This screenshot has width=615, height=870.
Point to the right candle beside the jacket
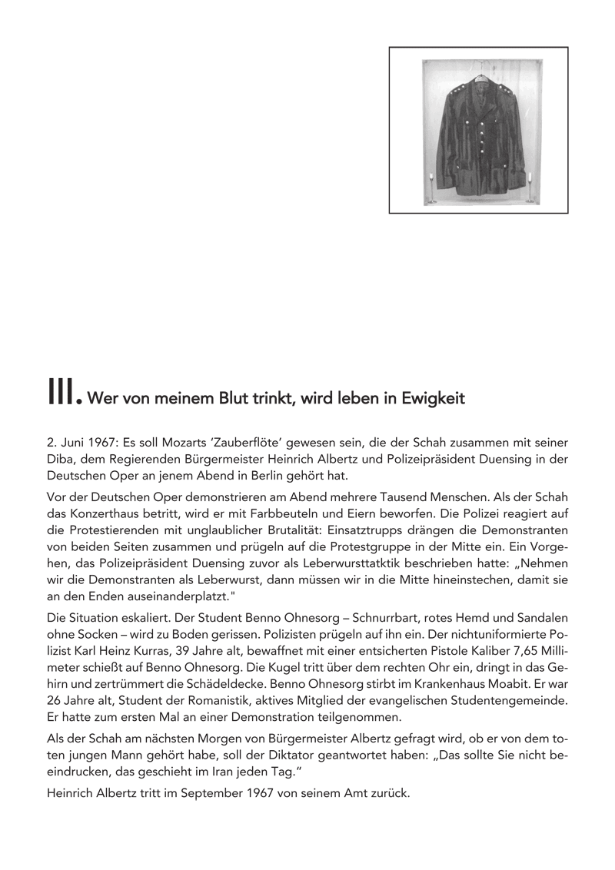tap(529, 188)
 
